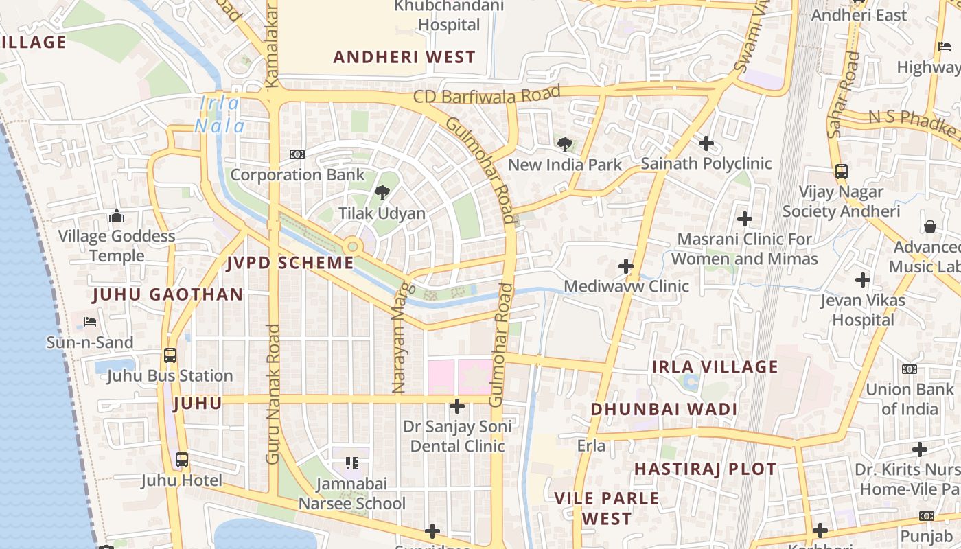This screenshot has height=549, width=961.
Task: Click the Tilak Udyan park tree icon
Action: (x=382, y=193)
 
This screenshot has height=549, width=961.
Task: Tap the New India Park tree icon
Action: (x=564, y=144)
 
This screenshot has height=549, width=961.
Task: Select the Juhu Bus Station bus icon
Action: (x=170, y=355)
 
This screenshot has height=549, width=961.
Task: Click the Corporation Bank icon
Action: (x=297, y=154)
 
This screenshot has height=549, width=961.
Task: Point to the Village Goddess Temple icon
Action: (x=116, y=216)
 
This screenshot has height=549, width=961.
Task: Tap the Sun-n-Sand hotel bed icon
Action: (x=90, y=321)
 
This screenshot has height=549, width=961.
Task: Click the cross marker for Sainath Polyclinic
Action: (x=706, y=143)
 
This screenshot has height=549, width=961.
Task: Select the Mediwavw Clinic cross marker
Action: (x=625, y=266)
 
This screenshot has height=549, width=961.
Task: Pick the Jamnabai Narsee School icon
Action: (x=351, y=463)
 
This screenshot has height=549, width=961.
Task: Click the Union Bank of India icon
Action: (x=909, y=369)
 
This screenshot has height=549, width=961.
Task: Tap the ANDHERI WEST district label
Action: (x=404, y=57)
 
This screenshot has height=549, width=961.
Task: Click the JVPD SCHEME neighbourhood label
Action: (x=290, y=263)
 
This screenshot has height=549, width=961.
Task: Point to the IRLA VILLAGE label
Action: (x=715, y=366)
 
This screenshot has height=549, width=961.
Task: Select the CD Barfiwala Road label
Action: (x=487, y=95)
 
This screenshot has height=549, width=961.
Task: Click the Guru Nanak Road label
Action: (x=273, y=394)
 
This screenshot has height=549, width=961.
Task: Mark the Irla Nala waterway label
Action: (x=220, y=115)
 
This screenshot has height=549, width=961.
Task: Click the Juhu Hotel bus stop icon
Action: (x=182, y=460)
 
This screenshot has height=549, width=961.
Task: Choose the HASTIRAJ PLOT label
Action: (x=705, y=469)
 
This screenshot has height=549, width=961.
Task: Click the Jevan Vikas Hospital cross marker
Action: (x=863, y=280)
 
